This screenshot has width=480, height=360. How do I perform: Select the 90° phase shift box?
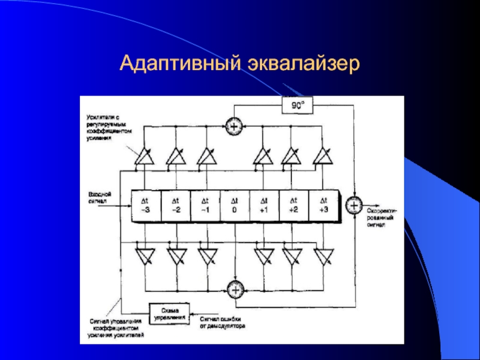coord(298,106)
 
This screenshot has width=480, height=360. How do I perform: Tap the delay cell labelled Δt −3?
coord(146,205)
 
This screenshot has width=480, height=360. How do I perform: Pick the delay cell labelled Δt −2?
coord(175,205)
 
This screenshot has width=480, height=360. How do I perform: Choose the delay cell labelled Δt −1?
coord(205,205)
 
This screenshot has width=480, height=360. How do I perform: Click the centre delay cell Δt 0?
coord(235,205)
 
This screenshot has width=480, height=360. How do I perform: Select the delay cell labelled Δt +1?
coord(264,205)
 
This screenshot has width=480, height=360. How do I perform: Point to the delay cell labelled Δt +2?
coord(293,205)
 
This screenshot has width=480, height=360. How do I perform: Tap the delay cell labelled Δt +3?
coord(323,205)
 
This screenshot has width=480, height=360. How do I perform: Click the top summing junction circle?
coord(233,126)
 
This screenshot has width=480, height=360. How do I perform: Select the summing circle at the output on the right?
coord(355,205)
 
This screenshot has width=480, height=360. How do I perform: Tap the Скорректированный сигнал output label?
coord(381,217)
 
